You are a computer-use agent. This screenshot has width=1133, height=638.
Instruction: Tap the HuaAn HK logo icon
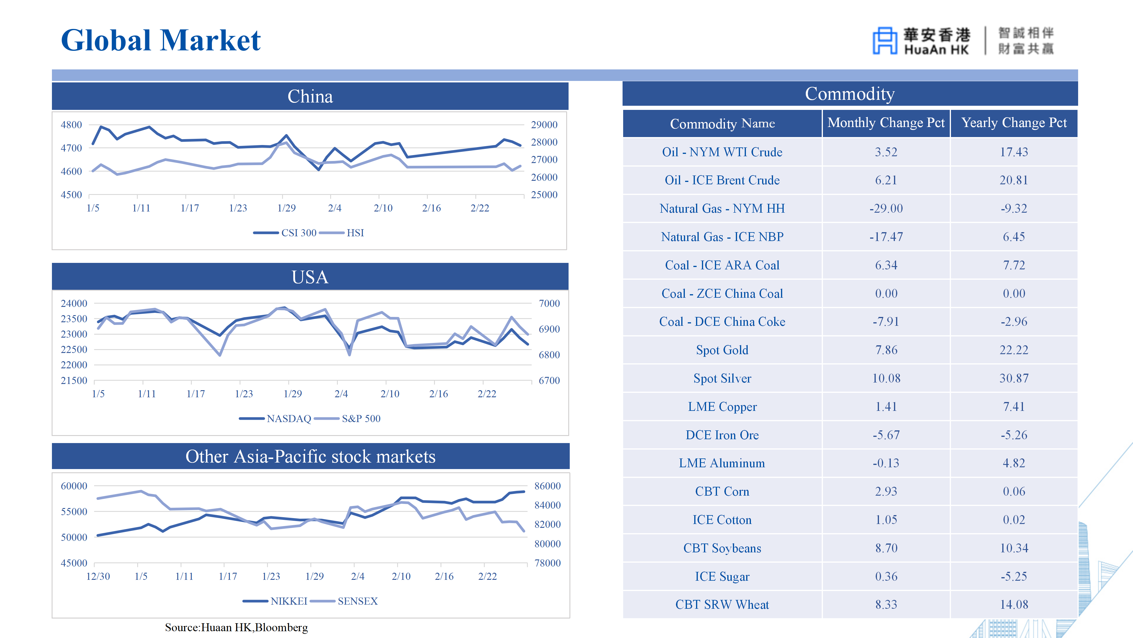click(x=885, y=41)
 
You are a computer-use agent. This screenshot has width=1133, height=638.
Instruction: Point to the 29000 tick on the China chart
click(x=544, y=125)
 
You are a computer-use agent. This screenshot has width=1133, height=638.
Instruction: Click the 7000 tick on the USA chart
click(x=549, y=303)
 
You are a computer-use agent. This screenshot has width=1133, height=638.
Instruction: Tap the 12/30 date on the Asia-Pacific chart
click(x=98, y=576)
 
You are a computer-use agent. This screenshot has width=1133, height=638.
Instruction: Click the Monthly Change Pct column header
click(x=886, y=123)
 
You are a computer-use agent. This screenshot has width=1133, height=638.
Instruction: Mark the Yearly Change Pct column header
click(x=1014, y=123)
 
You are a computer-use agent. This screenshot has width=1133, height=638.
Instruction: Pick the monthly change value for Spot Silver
click(x=886, y=378)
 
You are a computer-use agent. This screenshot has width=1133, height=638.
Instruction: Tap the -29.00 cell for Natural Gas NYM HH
click(x=886, y=209)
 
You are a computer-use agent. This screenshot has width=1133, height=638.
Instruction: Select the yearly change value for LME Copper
click(x=1014, y=407)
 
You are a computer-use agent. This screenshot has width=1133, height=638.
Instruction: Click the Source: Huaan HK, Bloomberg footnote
click(x=236, y=627)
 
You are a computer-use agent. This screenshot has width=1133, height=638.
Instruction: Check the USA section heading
click(x=310, y=277)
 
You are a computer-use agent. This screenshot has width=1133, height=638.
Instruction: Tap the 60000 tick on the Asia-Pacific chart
click(x=74, y=486)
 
